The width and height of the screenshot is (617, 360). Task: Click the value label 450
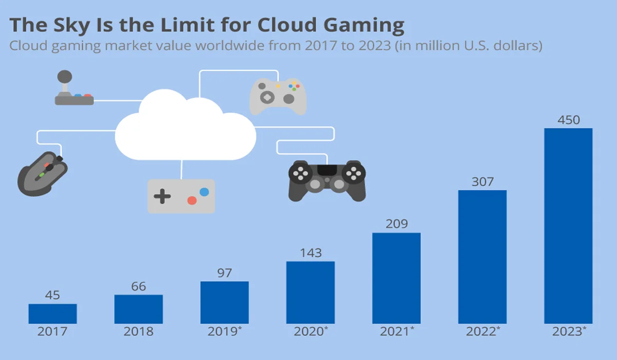(x=568, y=120)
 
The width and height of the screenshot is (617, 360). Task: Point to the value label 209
(x=396, y=224)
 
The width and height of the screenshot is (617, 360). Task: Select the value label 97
(x=225, y=273)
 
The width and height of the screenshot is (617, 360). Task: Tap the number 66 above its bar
(x=138, y=286)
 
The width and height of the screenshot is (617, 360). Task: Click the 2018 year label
(x=138, y=332)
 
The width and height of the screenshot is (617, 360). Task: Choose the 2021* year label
(x=396, y=332)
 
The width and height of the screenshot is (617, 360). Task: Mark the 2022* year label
(x=482, y=332)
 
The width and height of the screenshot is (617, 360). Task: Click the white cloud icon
(x=185, y=129)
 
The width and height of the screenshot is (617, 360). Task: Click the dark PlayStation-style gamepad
(x=326, y=180)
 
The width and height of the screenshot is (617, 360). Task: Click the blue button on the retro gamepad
(x=205, y=192)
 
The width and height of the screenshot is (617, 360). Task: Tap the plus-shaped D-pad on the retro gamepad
(x=162, y=196)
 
